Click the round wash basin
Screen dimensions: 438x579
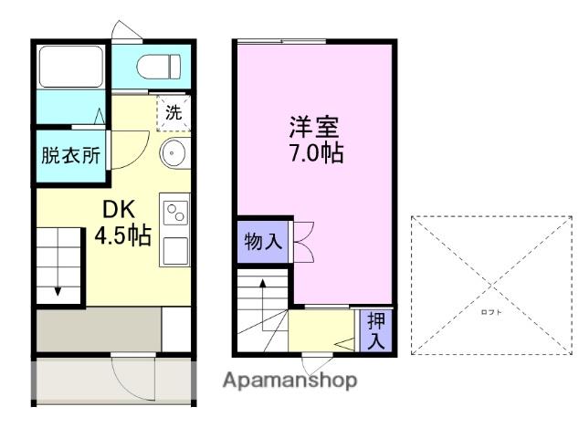(x=174, y=153)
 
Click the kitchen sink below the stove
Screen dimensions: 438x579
(x=174, y=247)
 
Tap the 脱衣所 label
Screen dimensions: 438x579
(x=70, y=156)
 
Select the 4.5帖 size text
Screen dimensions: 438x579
(x=122, y=235)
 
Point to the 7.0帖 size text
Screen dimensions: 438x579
(x=316, y=153)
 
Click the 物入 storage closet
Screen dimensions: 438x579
(x=262, y=243)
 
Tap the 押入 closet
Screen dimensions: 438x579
(x=375, y=330)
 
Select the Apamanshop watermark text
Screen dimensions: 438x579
(x=289, y=381)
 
